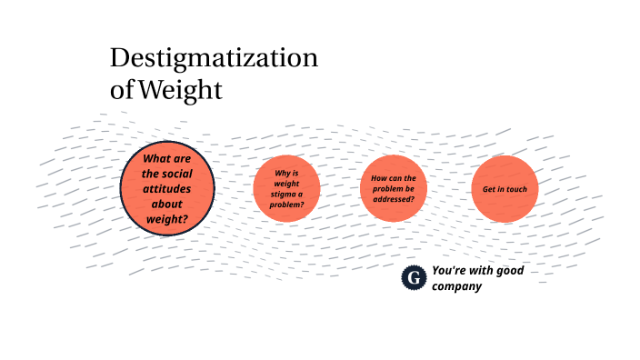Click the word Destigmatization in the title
click(x=214, y=58)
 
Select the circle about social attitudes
click(x=167, y=188)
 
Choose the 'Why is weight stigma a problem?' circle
click(x=286, y=188)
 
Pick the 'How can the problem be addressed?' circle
click(x=394, y=188)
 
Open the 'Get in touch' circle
click(x=505, y=188)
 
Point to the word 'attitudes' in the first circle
click(x=167, y=188)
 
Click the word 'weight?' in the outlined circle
click(x=167, y=219)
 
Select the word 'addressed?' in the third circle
click(x=394, y=199)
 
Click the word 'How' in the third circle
click(x=380, y=178)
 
